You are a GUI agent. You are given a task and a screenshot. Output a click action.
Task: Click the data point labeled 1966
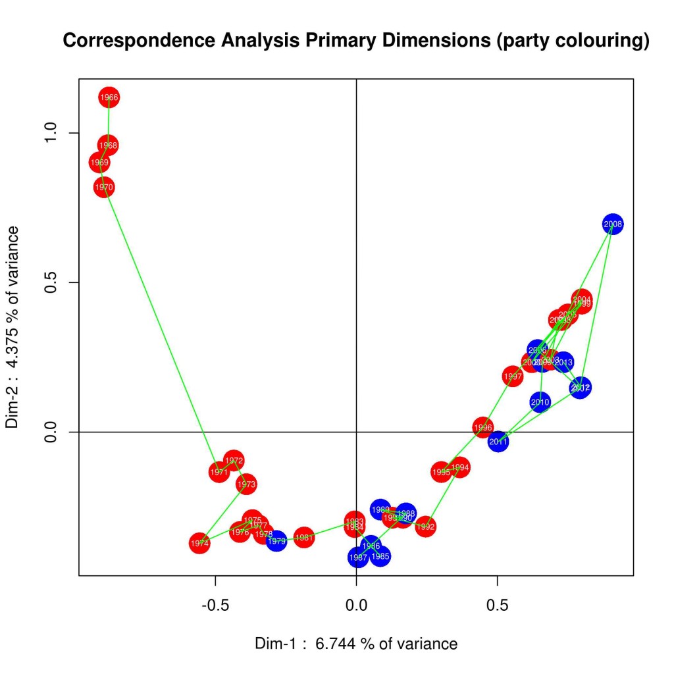(x=109, y=97)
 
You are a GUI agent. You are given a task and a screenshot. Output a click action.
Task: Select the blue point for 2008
(x=613, y=224)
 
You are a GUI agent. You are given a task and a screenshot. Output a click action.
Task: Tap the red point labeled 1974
(x=199, y=544)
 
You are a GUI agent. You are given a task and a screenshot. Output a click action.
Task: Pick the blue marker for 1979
(x=277, y=541)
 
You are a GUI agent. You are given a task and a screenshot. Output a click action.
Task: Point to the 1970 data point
(x=104, y=188)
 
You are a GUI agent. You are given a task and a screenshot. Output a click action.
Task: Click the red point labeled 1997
(x=513, y=377)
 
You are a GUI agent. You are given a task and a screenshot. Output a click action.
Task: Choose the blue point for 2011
(x=498, y=442)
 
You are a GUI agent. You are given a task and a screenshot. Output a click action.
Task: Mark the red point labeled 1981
(x=303, y=538)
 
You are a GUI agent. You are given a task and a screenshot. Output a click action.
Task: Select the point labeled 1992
(x=426, y=527)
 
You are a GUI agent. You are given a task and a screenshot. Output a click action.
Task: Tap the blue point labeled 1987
(x=358, y=557)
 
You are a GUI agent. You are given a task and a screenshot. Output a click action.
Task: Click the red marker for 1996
(x=483, y=428)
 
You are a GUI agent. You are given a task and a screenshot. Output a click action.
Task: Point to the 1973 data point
(x=246, y=484)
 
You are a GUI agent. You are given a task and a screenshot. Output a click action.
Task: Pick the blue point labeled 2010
(x=540, y=402)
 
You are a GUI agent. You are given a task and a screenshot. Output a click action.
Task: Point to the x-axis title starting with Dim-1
(x=356, y=643)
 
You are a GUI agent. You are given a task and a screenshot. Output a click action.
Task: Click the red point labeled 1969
(x=99, y=163)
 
